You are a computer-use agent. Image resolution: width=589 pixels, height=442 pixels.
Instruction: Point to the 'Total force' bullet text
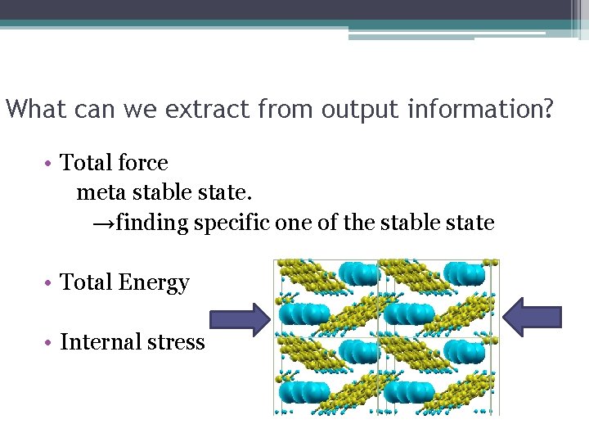[x=115, y=163]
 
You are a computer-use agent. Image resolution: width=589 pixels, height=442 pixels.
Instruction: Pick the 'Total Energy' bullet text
[x=125, y=282]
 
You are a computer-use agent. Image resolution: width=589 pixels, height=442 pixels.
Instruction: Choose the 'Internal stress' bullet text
[x=133, y=341]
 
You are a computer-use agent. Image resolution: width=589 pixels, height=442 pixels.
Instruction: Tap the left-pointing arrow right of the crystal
[x=533, y=316]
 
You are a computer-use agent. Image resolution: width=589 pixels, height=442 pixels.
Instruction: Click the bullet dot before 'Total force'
[x=51, y=164]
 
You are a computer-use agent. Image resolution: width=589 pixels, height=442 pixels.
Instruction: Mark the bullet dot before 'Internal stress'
[x=51, y=342]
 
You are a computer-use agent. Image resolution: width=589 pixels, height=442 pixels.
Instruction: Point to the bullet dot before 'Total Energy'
[x=51, y=283]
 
